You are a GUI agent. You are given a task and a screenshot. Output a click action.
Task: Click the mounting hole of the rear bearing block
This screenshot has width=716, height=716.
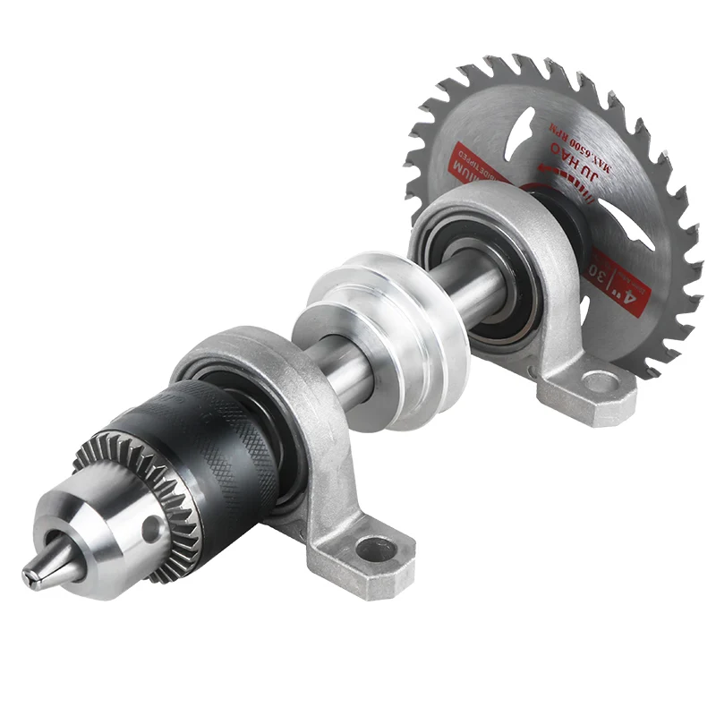click(599, 383)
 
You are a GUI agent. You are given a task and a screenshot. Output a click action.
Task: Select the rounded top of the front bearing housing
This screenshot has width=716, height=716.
click(224, 344)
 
